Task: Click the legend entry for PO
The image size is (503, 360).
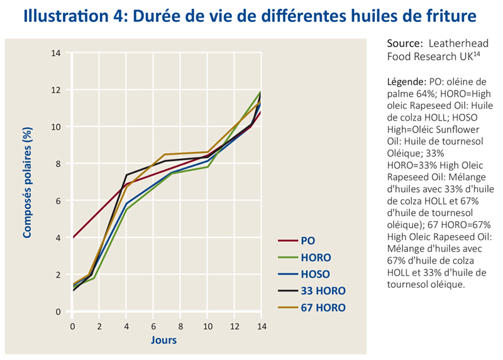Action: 307,241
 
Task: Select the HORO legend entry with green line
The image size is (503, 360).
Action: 315,258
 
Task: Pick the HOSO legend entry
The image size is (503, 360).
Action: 315,275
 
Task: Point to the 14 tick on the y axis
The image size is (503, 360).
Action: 57,53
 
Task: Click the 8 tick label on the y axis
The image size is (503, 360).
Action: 58,164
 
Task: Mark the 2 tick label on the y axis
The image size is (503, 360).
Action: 58,275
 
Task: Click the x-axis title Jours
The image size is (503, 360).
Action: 163,341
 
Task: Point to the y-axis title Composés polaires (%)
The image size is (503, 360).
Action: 28,183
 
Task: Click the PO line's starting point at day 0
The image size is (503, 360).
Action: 73,237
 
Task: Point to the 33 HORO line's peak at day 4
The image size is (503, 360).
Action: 127,175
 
